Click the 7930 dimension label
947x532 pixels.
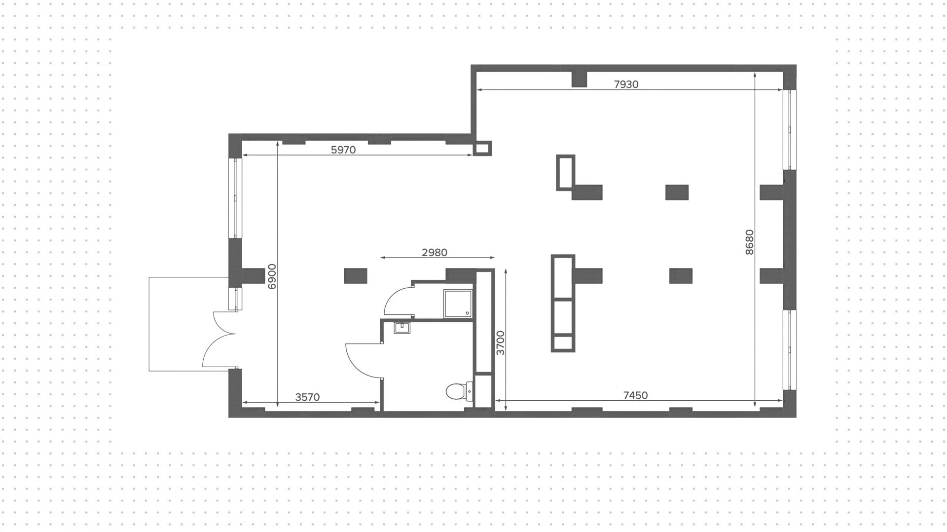pyautogui.click(x=626, y=84)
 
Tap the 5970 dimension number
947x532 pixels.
pyautogui.click(x=343, y=150)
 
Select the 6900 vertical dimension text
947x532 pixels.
pyautogui.click(x=272, y=276)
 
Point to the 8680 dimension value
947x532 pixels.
pyautogui.click(x=749, y=242)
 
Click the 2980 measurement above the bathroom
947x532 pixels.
pyautogui.click(x=434, y=253)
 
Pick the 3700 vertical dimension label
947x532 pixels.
pyautogui.click(x=501, y=343)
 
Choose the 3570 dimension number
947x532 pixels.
pyautogui.click(x=307, y=397)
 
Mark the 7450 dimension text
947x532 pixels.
pyautogui.click(x=635, y=395)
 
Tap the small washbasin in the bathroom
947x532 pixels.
pyautogui.click(x=402, y=328)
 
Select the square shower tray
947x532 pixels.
pyautogui.click(x=458, y=304)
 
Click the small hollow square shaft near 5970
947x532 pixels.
pyautogui.click(x=482, y=148)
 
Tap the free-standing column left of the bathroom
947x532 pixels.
pyautogui.click(x=355, y=275)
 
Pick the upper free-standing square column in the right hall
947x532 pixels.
pyautogui.click(x=677, y=192)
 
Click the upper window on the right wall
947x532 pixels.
pyautogui.click(x=789, y=130)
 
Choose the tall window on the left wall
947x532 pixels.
pyautogui.click(x=235, y=198)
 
